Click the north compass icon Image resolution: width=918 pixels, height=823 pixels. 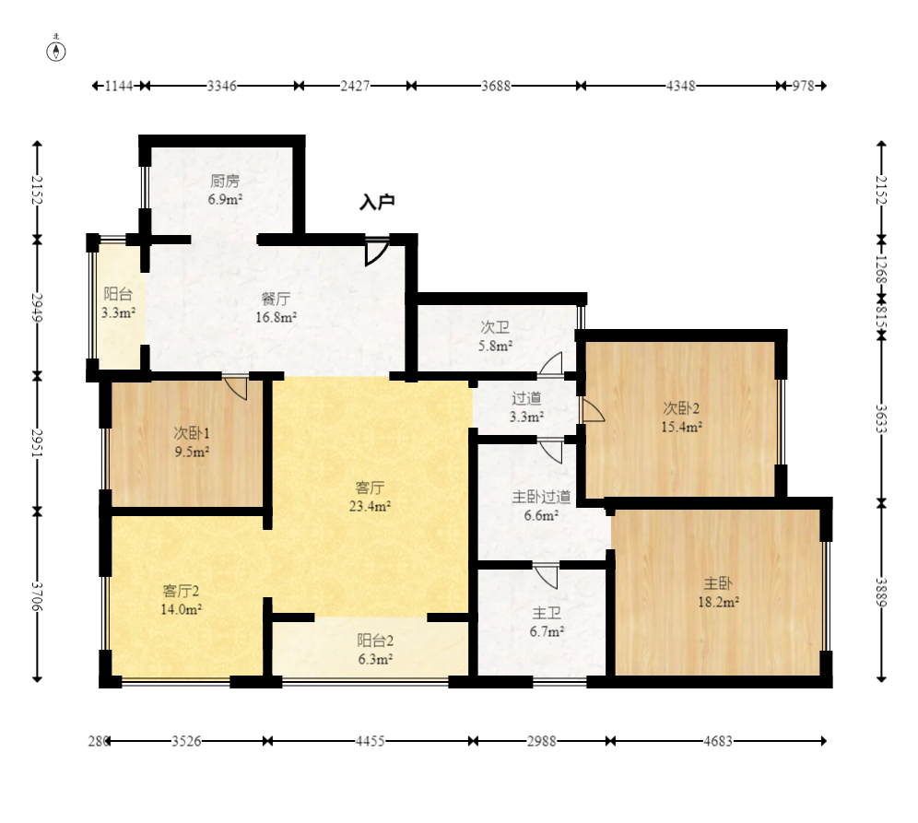coord(56,51)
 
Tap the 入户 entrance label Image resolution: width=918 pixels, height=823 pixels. coord(377,203)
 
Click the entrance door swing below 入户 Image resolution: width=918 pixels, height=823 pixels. coord(376,252)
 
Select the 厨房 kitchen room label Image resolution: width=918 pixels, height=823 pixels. coord(226,181)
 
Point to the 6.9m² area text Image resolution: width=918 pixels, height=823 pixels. coord(226,200)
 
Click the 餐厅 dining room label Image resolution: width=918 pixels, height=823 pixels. coord(276,299)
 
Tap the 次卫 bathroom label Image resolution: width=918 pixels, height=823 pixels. coord(495,326)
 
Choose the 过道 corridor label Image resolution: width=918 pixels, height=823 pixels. coord(526,398)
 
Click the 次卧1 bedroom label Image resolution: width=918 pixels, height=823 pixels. coord(192,433)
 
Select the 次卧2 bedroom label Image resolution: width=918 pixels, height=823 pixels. coord(681,408)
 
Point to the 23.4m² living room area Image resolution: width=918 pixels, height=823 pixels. coord(370,506)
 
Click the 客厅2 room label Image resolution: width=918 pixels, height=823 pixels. coord(181,591)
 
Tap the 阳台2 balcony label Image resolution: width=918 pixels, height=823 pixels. coord(375,641)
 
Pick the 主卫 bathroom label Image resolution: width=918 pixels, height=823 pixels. coord(547,613)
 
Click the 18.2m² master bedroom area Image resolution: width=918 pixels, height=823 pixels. coord(718,603)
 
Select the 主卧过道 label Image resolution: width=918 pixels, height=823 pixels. coord(542,497)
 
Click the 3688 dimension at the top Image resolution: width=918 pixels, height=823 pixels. coord(496,86)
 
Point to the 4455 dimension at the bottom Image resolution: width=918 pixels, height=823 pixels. coord(370,741)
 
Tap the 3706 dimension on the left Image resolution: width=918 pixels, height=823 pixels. coord(37,596)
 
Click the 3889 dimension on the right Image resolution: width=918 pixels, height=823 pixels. coord(881,592)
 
